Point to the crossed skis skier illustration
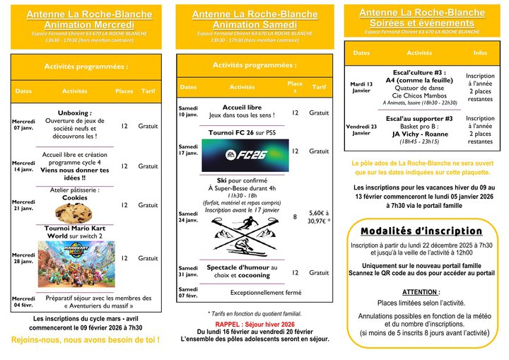pos(242,236)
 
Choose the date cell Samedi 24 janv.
pos(188,216)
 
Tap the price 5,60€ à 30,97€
pos(319,216)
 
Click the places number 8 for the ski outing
pos(295,216)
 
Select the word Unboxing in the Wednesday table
pos(75,112)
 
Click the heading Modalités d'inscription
pos(421,231)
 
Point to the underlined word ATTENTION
pos(421,291)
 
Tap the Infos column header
pos(480,53)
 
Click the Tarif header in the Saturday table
pos(319,87)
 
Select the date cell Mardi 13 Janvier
pos(361,87)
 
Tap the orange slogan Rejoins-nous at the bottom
pos(85,340)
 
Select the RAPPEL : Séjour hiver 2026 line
pos(255,323)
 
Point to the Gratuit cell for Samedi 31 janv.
pos(319,272)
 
